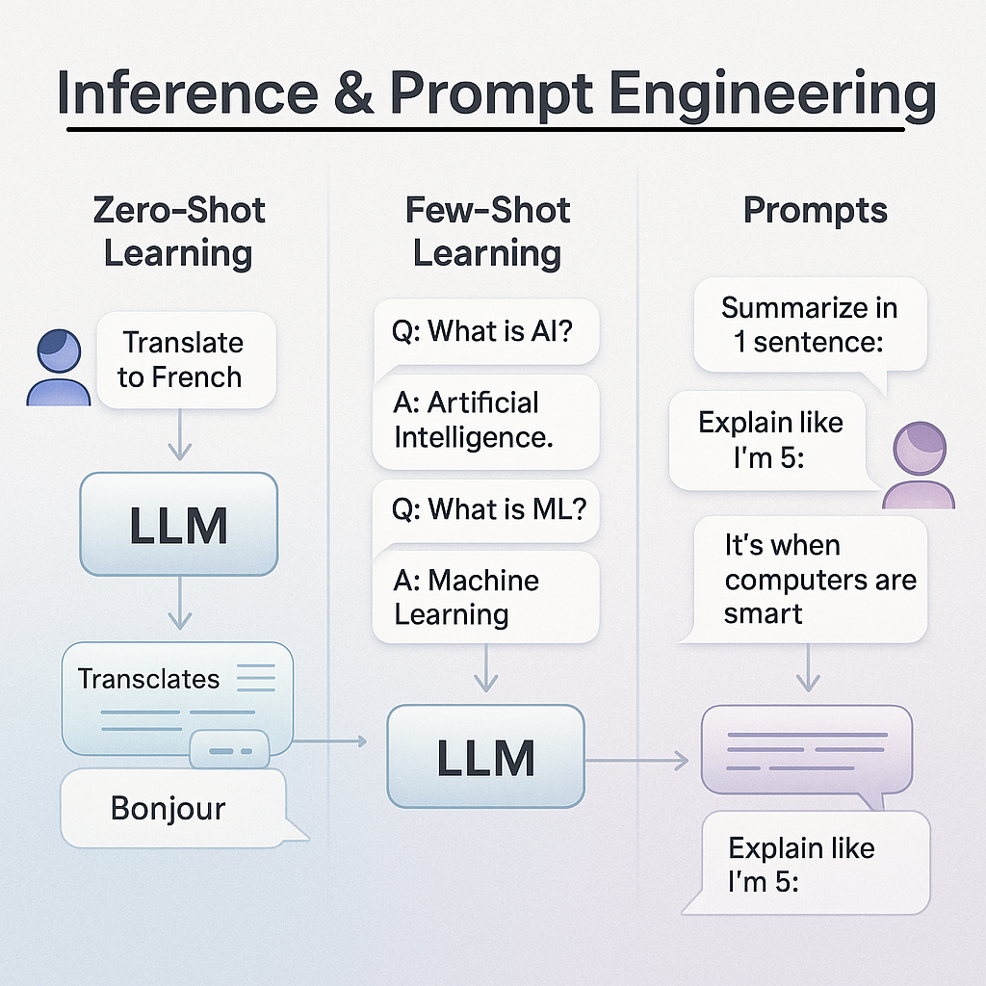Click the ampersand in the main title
(x=354, y=92)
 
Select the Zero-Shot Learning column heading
(x=178, y=231)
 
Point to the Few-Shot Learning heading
(x=487, y=231)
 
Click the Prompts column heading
(x=815, y=211)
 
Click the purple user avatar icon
(x=919, y=465)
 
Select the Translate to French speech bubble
(x=186, y=360)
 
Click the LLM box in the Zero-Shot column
(x=178, y=524)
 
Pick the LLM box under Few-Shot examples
(x=485, y=756)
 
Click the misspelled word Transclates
(x=148, y=679)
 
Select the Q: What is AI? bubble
(x=485, y=332)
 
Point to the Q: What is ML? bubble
(x=485, y=510)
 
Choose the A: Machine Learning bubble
(x=485, y=597)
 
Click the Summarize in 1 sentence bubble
(x=810, y=325)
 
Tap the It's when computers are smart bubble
(x=810, y=579)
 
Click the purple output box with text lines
(x=807, y=750)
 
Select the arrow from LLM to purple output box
(x=636, y=761)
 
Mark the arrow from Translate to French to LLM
(x=180, y=434)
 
